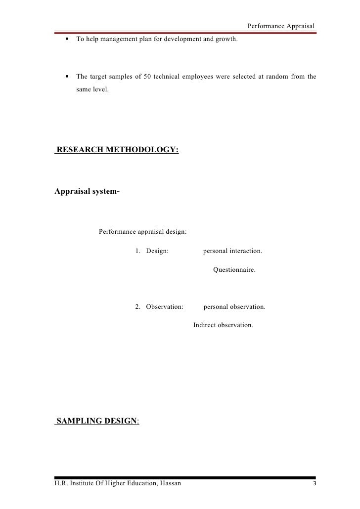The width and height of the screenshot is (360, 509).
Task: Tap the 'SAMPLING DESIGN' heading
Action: (x=96, y=421)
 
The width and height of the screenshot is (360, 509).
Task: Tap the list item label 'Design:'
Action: (x=157, y=251)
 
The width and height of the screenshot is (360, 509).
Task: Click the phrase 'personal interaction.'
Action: (x=232, y=251)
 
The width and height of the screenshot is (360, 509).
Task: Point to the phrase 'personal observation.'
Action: (x=234, y=307)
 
